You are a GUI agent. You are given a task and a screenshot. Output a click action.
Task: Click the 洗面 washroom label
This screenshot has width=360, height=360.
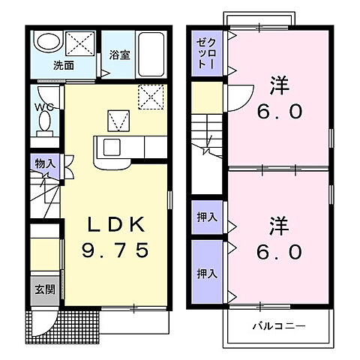point(63,64)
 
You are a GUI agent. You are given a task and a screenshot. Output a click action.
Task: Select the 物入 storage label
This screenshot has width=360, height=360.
point(44,163)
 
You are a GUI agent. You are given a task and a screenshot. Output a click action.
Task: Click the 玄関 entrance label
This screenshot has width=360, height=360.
point(43,290)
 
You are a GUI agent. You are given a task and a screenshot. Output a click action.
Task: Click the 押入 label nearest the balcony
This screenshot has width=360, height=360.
point(205,273)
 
